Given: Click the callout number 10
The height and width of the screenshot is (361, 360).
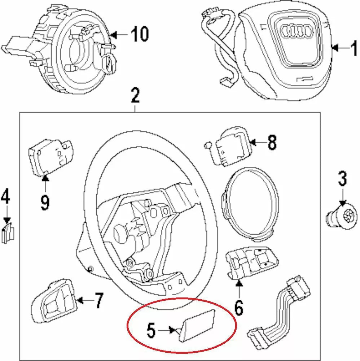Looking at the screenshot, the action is pos(140,34).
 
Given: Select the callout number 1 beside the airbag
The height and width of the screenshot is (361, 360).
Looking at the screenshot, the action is pos(354,48).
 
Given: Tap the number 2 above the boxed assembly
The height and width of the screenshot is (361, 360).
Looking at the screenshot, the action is pos(135,96).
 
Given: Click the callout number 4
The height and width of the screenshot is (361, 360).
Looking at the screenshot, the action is pos(5,196).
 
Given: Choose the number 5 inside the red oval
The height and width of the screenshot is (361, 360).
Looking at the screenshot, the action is pos(152,330).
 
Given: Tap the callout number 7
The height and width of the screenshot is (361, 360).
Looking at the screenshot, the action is pos(99,300).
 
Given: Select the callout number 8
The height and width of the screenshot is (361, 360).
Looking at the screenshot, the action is pos(272,143).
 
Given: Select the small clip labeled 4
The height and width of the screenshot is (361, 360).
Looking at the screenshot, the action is pos(8,233).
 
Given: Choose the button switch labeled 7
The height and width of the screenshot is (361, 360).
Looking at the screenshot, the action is pos(53,300).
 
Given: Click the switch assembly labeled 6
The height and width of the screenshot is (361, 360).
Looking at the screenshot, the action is pos(252,262).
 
